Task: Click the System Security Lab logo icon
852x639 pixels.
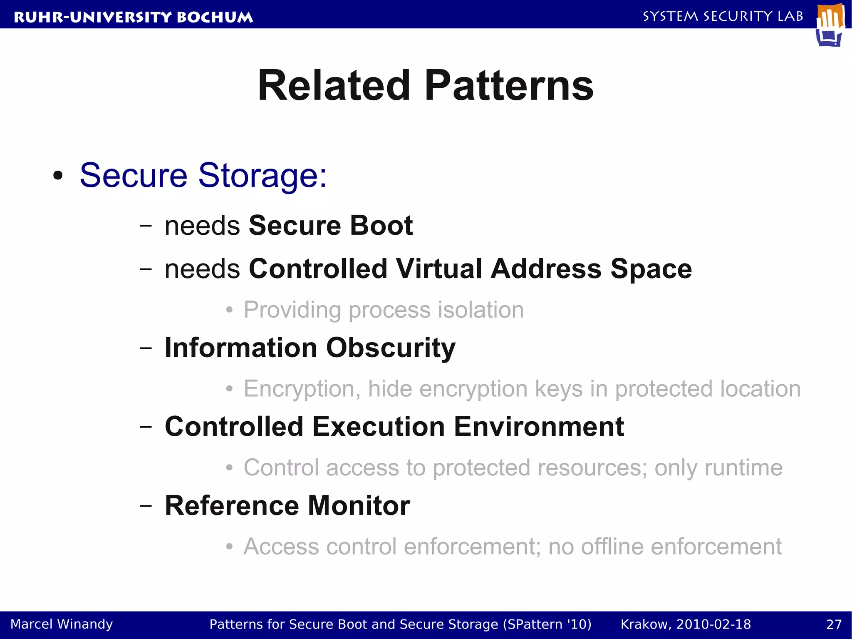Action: pos(830,25)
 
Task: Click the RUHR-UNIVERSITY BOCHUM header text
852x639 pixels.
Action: pos(133,17)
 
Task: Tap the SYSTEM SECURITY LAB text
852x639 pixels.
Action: pos(723,16)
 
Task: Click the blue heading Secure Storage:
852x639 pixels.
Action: pos(203,175)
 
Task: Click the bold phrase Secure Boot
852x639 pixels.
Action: pos(330,225)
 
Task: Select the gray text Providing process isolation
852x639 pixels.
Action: pos(383,310)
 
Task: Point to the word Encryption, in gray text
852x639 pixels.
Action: pos(302,389)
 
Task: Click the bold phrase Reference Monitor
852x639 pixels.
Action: pos(287,505)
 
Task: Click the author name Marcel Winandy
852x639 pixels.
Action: pos(62,624)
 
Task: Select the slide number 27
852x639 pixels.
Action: pos(834,624)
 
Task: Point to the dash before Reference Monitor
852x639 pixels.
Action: pos(146,505)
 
